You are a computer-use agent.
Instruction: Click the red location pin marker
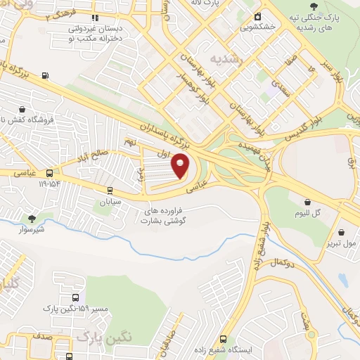(x=181, y=165)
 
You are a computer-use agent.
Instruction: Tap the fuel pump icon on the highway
(x=46, y=76)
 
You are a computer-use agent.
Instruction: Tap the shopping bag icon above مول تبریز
(x=341, y=233)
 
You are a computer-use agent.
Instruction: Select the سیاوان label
(x=109, y=200)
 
